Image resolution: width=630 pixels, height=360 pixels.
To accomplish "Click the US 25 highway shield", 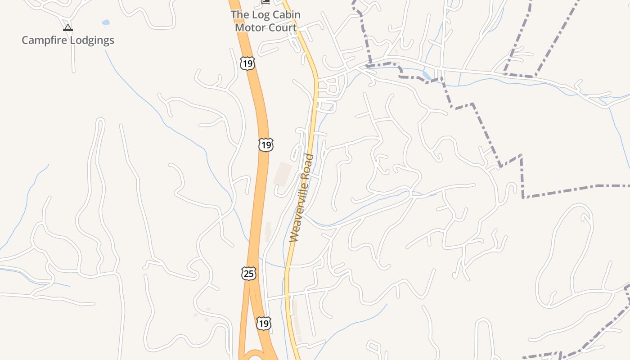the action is pyautogui.click(x=248, y=273).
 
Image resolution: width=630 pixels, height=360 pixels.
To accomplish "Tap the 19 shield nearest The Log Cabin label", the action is pyautogui.click(x=247, y=63).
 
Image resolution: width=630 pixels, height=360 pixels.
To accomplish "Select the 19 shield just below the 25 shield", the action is pyautogui.click(x=264, y=323).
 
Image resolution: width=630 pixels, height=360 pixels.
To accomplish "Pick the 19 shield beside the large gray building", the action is pyautogui.click(x=266, y=144).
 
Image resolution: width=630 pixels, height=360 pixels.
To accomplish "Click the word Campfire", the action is pyautogui.click(x=43, y=40).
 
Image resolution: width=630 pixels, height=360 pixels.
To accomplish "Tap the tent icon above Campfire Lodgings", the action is pyautogui.click(x=68, y=28).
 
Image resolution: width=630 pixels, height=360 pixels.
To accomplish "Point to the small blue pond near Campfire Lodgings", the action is pyautogui.click(x=106, y=22).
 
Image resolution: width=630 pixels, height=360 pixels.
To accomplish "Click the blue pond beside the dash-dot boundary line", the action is pyautogui.click(x=427, y=75).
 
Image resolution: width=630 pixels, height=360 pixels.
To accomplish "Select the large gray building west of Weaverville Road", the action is pyautogui.click(x=282, y=173).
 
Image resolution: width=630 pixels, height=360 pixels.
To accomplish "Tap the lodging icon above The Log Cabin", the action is pyautogui.click(x=266, y=2).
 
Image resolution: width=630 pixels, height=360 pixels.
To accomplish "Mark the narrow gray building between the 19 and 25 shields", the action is pyautogui.click(x=268, y=232).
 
